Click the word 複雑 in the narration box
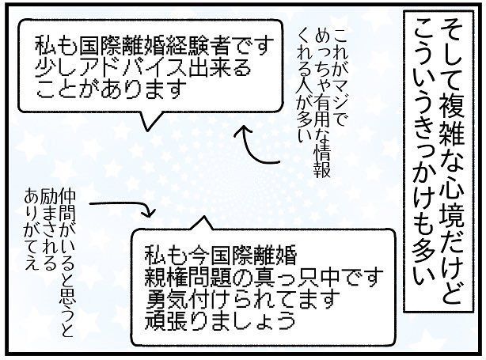click(x=450, y=77)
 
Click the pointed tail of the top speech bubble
click(x=148, y=120)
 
